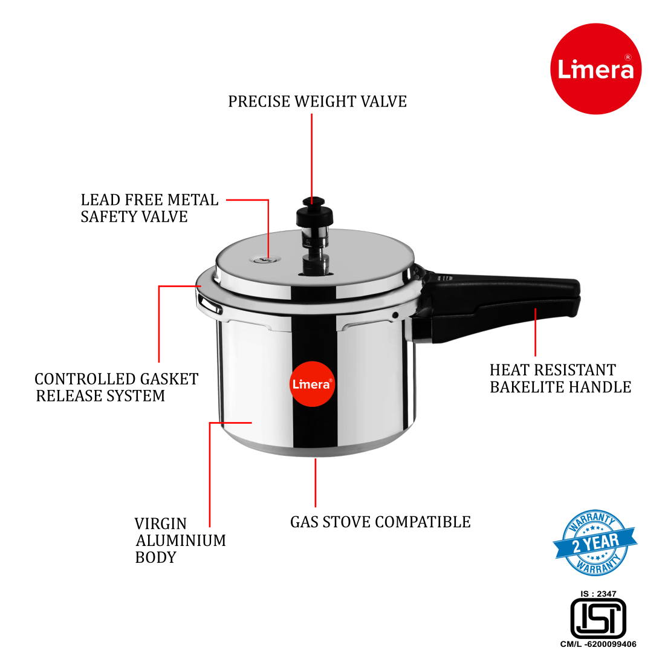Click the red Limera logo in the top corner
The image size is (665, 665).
(x=595, y=69)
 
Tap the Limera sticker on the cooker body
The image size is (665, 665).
(x=312, y=384)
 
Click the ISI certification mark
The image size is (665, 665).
(x=598, y=618)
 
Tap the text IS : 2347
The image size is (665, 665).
(x=598, y=594)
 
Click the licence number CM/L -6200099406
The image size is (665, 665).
(x=598, y=644)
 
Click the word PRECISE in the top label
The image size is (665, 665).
(x=259, y=102)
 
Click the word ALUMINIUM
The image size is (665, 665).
(x=181, y=540)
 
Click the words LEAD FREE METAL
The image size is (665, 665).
(x=149, y=200)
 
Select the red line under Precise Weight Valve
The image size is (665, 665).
(x=312, y=154)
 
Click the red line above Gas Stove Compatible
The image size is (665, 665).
(x=315, y=482)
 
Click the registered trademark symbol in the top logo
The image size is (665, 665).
(x=628, y=57)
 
